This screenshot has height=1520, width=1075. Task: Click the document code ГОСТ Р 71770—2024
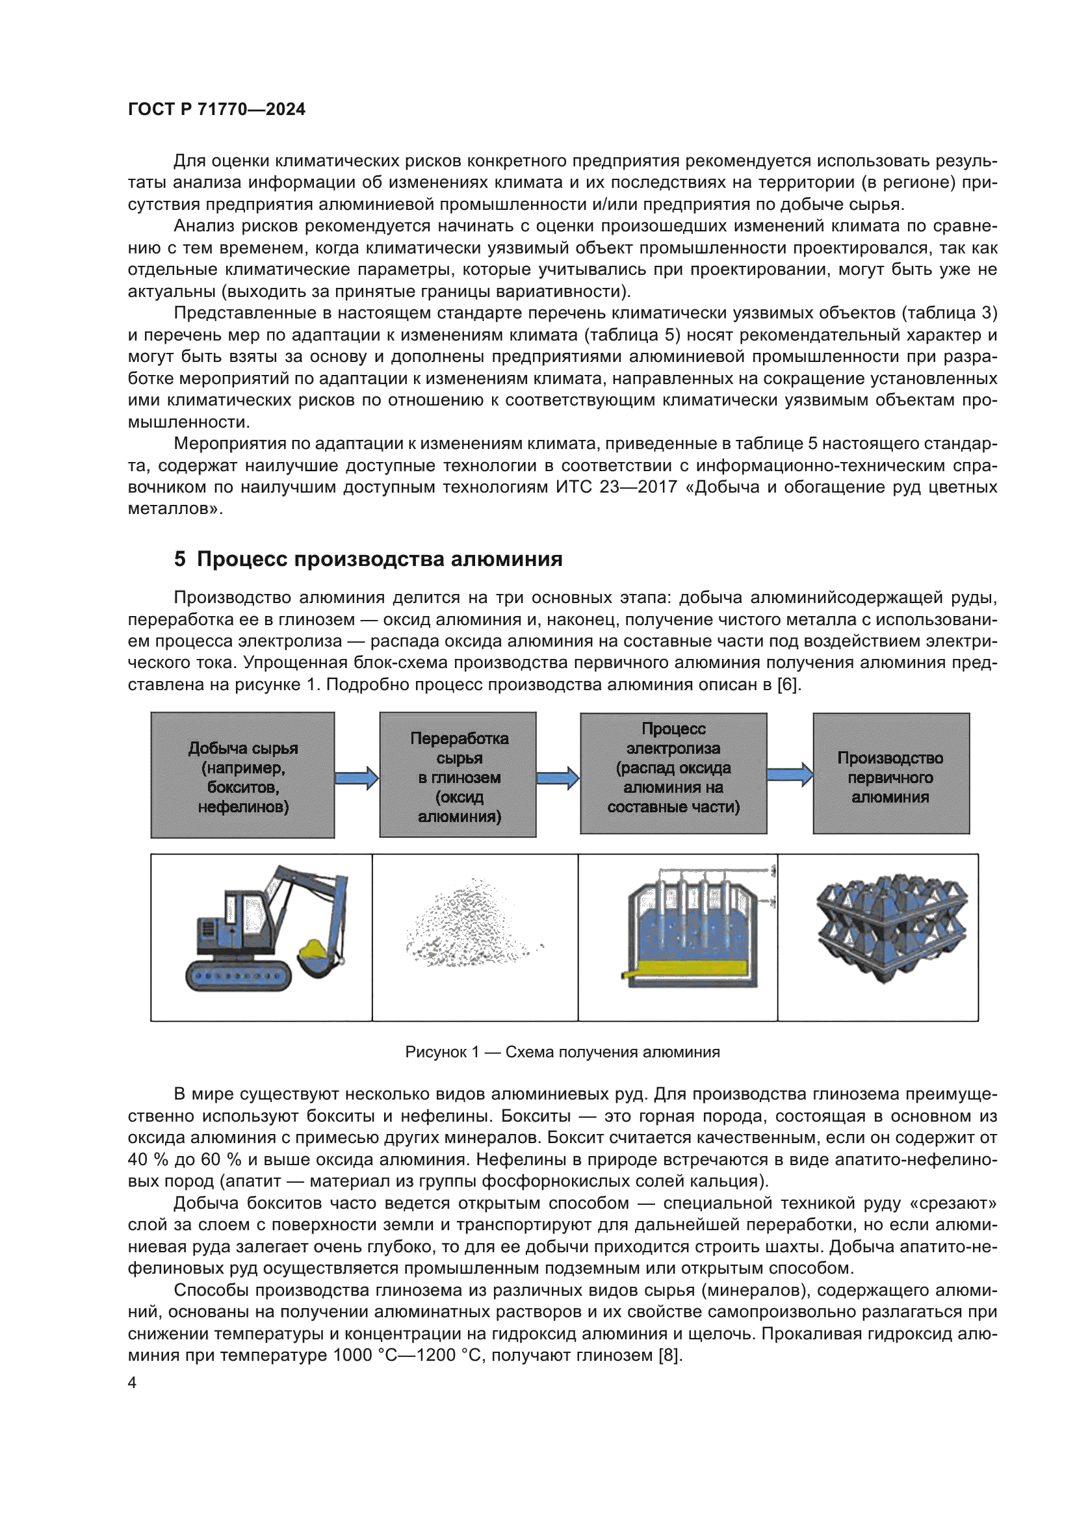[x=216, y=109]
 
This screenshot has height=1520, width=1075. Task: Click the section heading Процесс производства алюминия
[x=368, y=560]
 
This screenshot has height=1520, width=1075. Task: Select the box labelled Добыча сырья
[x=243, y=775]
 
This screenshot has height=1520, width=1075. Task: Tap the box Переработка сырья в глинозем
[x=458, y=775]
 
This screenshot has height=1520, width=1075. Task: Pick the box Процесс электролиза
[x=673, y=773]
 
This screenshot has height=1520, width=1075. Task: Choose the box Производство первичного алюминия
[x=891, y=773]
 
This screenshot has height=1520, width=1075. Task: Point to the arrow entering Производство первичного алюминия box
[x=790, y=774]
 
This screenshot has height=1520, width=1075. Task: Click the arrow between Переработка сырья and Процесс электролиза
[x=558, y=778]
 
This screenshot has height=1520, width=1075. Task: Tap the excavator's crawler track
[x=239, y=977]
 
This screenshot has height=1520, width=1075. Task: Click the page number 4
[x=133, y=1383]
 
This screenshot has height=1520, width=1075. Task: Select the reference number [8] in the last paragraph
[x=670, y=1355]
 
